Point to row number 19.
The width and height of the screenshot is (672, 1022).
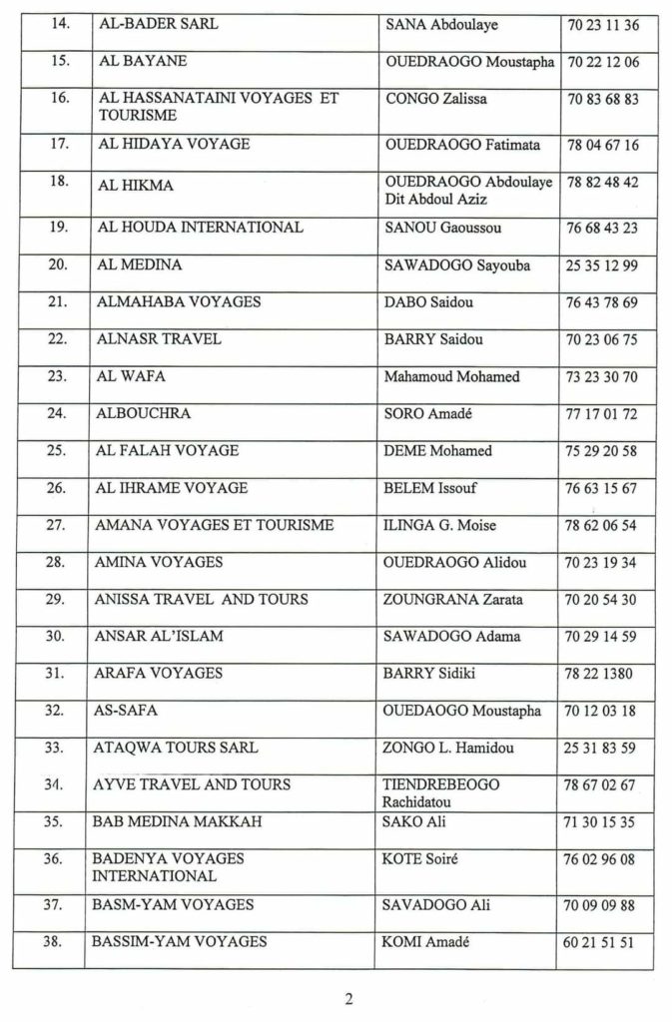[57, 228]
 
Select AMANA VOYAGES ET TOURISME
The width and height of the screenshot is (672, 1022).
[214, 525]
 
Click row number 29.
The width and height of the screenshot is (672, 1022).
[57, 599]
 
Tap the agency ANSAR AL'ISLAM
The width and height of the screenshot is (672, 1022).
[159, 636]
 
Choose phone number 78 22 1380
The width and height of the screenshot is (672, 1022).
[600, 674]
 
